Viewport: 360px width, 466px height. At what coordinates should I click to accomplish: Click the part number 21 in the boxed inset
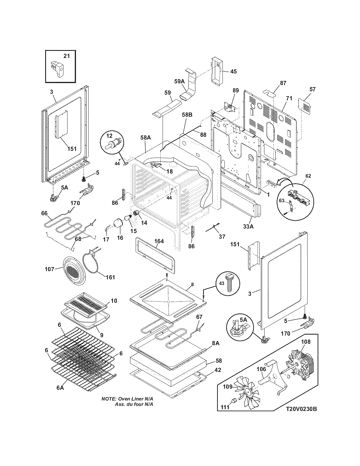tap(66, 56)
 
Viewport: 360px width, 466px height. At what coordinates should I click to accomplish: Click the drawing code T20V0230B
tap(301, 409)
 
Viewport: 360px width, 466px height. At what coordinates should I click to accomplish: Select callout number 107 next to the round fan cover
tap(49, 269)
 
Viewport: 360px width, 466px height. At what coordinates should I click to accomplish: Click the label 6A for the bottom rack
tap(60, 388)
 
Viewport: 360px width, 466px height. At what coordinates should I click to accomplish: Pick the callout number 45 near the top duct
tap(233, 71)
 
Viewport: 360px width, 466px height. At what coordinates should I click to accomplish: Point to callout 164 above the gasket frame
tap(159, 241)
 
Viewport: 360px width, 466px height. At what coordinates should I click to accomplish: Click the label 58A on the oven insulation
tap(146, 138)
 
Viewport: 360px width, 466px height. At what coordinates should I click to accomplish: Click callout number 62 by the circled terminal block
tap(308, 176)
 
